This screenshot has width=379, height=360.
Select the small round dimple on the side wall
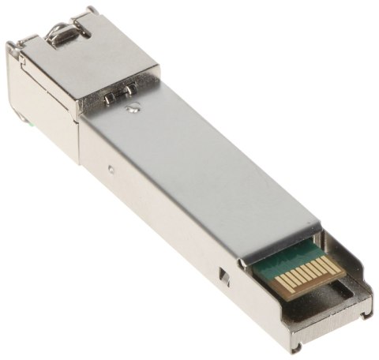pyautogui.click(x=111, y=168)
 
